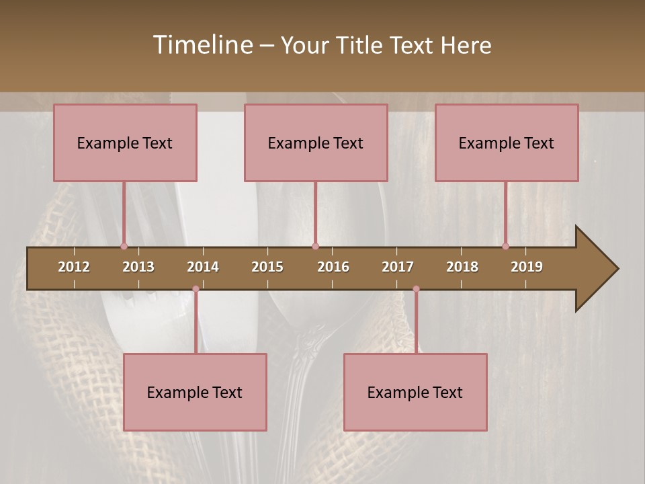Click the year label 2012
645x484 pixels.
click(74, 267)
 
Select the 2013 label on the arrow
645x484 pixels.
click(138, 267)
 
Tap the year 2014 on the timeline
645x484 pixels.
click(203, 267)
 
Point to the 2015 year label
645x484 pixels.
click(267, 267)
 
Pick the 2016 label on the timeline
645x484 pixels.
click(333, 267)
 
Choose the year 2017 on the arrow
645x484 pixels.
click(398, 267)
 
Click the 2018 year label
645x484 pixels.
click(462, 267)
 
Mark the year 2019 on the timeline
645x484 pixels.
click(527, 267)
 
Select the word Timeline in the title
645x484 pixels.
click(202, 45)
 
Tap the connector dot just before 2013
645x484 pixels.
click(124, 246)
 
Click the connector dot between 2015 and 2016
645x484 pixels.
click(315, 246)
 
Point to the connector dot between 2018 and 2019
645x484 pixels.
click(505, 246)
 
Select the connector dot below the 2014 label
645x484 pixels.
click(196, 289)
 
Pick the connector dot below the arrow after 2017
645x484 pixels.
click(416, 289)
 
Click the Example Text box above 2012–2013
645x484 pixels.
click(125, 143)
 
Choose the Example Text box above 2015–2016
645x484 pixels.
click(316, 143)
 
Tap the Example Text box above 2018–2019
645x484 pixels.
click(507, 143)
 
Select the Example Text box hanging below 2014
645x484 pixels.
click(195, 392)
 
